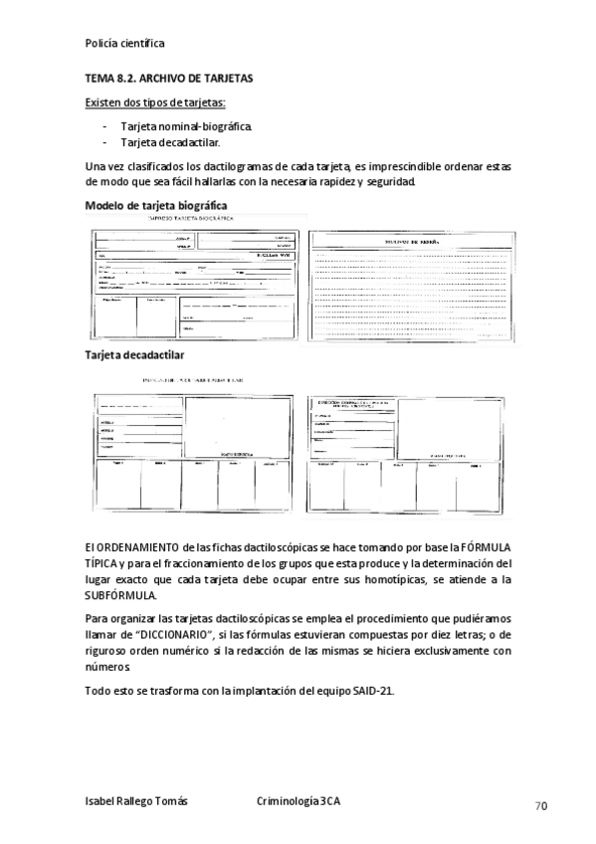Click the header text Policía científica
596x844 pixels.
click(125, 44)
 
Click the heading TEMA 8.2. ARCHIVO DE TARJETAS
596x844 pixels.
click(170, 78)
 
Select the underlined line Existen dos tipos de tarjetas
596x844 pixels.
click(156, 103)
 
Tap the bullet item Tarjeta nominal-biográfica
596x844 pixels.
click(186, 127)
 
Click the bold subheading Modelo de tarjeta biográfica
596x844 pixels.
click(156, 205)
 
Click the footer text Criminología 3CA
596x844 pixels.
click(298, 801)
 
